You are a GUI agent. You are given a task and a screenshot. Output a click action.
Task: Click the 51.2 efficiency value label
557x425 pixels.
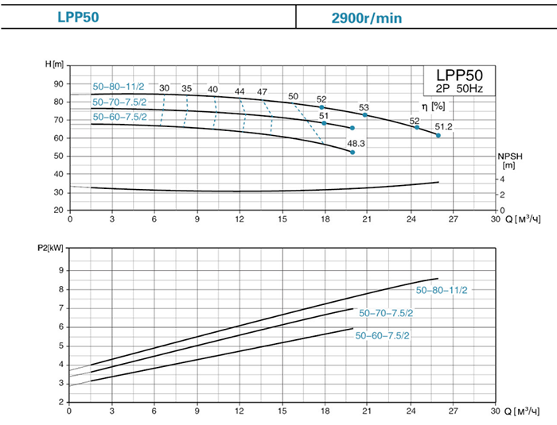click(x=442, y=126)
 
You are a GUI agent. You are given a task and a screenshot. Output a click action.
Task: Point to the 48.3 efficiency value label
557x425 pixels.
click(x=356, y=144)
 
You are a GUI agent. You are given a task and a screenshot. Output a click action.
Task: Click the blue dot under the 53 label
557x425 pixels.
click(x=365, y=115)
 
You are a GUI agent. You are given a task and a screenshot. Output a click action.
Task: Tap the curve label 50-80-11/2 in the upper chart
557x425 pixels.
click(x=119, y=87)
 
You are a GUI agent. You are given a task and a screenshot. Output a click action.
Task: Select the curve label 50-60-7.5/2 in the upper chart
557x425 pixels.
click(x=119, y=117)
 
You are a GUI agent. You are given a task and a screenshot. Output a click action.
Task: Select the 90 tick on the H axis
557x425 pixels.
click(x=57, y=83)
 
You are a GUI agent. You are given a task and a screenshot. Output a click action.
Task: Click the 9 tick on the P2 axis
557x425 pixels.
click(x=59, y=270)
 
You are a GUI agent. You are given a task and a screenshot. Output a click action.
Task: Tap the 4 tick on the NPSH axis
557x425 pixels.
click(x=501, y=180)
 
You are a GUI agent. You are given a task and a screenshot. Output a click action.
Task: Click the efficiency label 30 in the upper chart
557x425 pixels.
click(x=164, y=87)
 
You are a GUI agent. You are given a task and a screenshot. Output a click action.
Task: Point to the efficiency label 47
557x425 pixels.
click(x=262, y=91)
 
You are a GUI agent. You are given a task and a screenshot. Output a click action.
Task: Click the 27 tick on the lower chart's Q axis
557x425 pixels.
click(x=453, y=411)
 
